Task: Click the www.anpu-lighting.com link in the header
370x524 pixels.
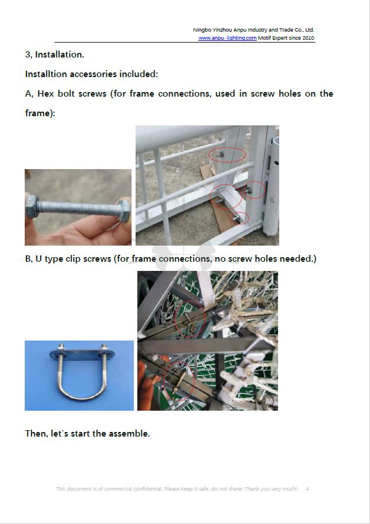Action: click(228, 38)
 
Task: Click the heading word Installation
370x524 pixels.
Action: click(59, 55)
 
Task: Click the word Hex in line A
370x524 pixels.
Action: click(45, 94)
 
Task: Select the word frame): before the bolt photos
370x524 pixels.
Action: click(40, 113)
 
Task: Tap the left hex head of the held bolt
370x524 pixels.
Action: click(32, 206)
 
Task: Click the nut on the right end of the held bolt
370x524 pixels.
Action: click(124, 210)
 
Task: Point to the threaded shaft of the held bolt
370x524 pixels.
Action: click(79, 208)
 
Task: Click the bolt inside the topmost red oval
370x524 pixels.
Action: click(221, 154)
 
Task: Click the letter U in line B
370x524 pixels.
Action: click(38, 259)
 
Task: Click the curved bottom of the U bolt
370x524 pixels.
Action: click(82, 396)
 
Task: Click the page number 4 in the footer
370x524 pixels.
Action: click(307, 488)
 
